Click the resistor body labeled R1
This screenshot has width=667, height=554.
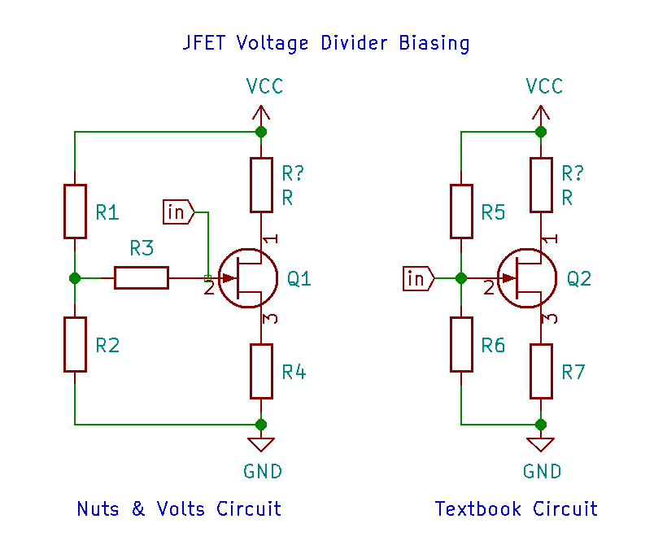(x=75, y=212)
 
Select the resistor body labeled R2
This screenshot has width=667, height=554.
(x=75, y=345)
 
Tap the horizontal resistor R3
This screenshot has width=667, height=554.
(x=142, y=278)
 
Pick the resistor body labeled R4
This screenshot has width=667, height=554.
(x=261, y=371)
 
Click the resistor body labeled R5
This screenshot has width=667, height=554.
(x=461, y=212)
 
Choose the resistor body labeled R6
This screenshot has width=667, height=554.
(x=461, y=345)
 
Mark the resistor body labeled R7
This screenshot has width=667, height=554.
(x=541, y=371)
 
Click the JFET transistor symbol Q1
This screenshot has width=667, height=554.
(x=248, y=278)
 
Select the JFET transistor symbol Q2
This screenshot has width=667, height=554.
(x=528, y=278)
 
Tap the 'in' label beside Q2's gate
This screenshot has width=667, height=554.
(x=418, y=279)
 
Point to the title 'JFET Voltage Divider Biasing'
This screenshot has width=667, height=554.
(x=326, y=43)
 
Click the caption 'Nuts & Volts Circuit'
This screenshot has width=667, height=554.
(x=179, y=509)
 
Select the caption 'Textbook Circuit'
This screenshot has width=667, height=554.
(x=517, y=509)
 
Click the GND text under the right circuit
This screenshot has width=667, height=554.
(x=542, y=472)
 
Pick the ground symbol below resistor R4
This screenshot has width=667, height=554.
(x=261, y=444)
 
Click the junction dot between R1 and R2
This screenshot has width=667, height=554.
(x=75, y=278)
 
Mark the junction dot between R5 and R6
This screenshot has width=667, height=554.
(x=461, y=278)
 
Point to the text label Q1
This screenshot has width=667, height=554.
(x=299, y=279)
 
